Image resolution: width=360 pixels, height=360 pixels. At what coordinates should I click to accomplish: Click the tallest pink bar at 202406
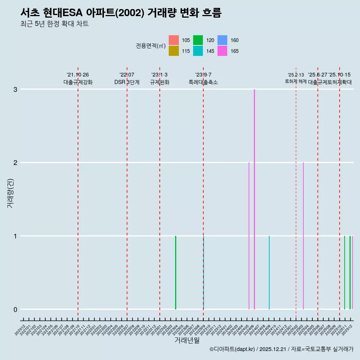pos(254,199)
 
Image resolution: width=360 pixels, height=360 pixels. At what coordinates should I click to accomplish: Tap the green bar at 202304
pos(175,272)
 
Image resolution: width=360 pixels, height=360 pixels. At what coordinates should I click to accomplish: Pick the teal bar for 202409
pos(269,272)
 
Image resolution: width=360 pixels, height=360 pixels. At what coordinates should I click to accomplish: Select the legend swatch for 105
pos(174,40)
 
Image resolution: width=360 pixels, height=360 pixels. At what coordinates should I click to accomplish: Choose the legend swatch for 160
pos(222,40)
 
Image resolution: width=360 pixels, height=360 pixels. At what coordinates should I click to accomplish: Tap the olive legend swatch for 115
pos(174,51)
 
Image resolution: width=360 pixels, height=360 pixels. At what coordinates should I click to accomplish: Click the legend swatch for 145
pos(198,51)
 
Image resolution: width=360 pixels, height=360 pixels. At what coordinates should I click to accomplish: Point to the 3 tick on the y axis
pos(15,89)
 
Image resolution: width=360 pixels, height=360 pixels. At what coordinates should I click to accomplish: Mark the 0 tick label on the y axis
pos(15,309)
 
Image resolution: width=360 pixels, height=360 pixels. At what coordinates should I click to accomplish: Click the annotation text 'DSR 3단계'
pos(127,82)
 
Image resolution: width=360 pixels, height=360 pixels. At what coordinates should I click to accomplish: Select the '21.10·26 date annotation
pos(78,75)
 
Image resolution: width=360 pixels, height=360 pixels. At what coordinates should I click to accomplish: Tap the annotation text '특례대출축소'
pos(203,82)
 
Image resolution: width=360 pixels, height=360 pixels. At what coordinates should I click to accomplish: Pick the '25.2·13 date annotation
pos(296,75)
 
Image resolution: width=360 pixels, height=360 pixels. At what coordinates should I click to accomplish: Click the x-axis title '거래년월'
pos(187,340)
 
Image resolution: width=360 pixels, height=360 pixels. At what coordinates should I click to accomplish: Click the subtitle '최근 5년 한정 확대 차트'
pos(55,24)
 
